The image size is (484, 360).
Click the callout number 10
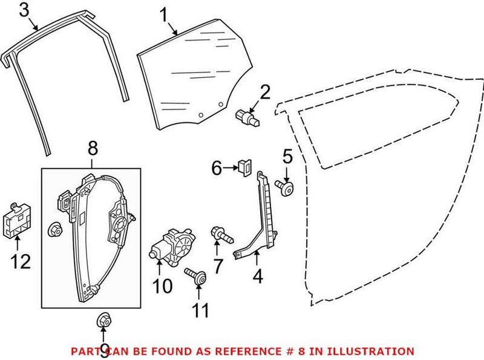pyautogui.click(x=162, y=286)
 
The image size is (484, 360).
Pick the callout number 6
pyautogui.click(x=215, y=168)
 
